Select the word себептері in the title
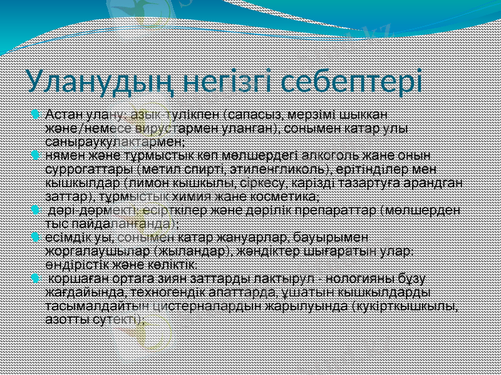(x=351, y=82)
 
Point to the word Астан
(x=65, y=115)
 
